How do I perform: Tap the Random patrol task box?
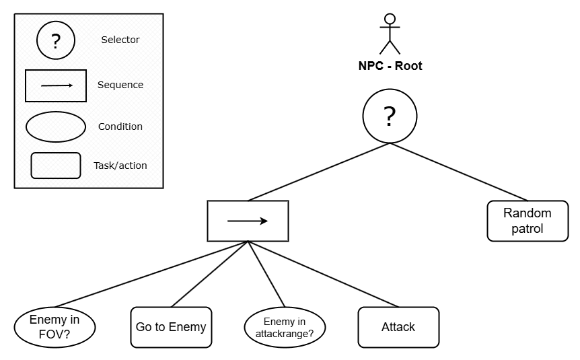(528, 221)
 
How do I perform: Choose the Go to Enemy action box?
(172, 327)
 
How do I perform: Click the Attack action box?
(399, 327)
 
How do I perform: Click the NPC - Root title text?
(390, 66)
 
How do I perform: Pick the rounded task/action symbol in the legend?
(56, 166)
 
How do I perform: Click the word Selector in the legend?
(120, 40)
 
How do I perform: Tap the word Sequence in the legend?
(120, 85)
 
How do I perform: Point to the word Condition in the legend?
(120, 127)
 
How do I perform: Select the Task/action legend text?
(120, 166)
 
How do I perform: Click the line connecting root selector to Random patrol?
(459, 172)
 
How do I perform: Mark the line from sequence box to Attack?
(323, 274)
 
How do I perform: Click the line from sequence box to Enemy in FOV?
(151, 274)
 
